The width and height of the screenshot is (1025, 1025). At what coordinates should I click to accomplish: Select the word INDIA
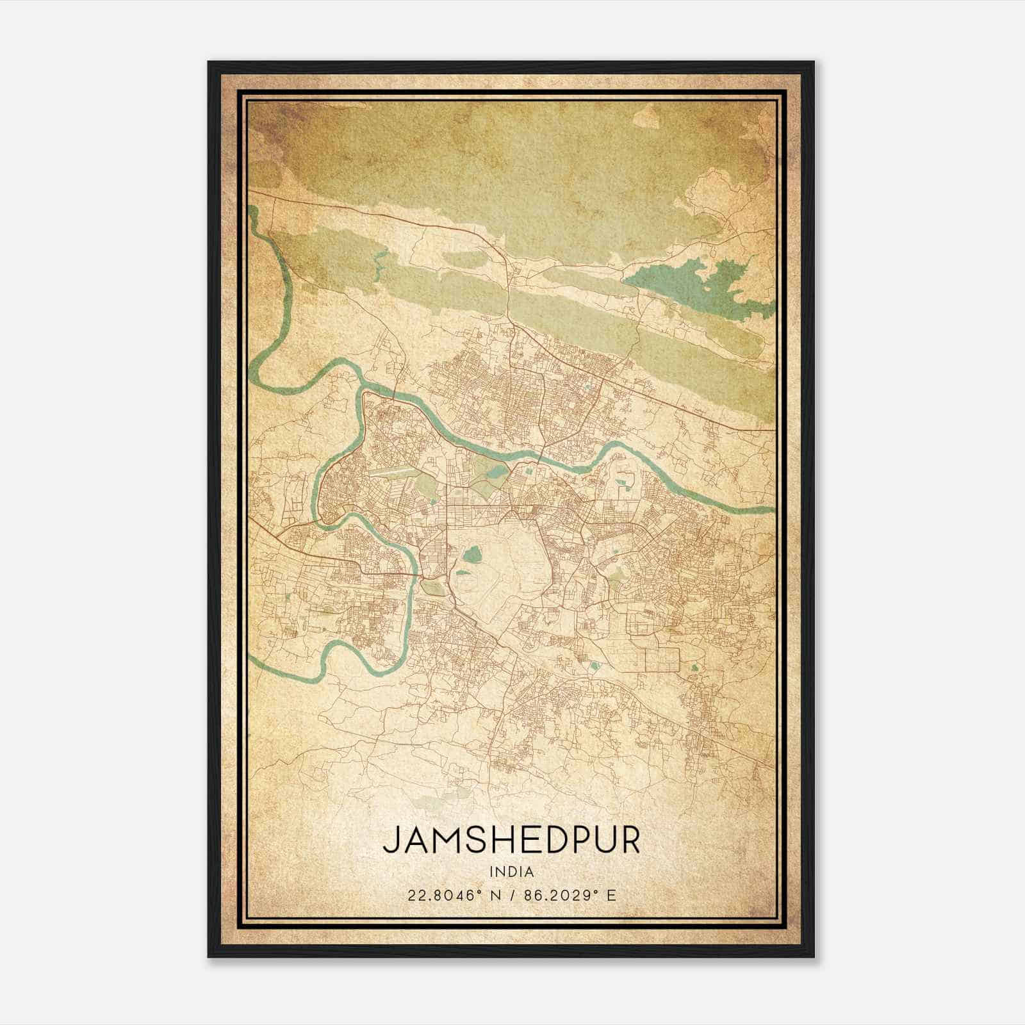point(511,872)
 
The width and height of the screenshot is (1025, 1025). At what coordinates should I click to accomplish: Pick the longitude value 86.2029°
point(560,895)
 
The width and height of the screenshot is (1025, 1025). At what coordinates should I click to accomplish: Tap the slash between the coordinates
point(511,895)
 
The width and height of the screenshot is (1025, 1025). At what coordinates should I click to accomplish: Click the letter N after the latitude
point(494,895)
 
